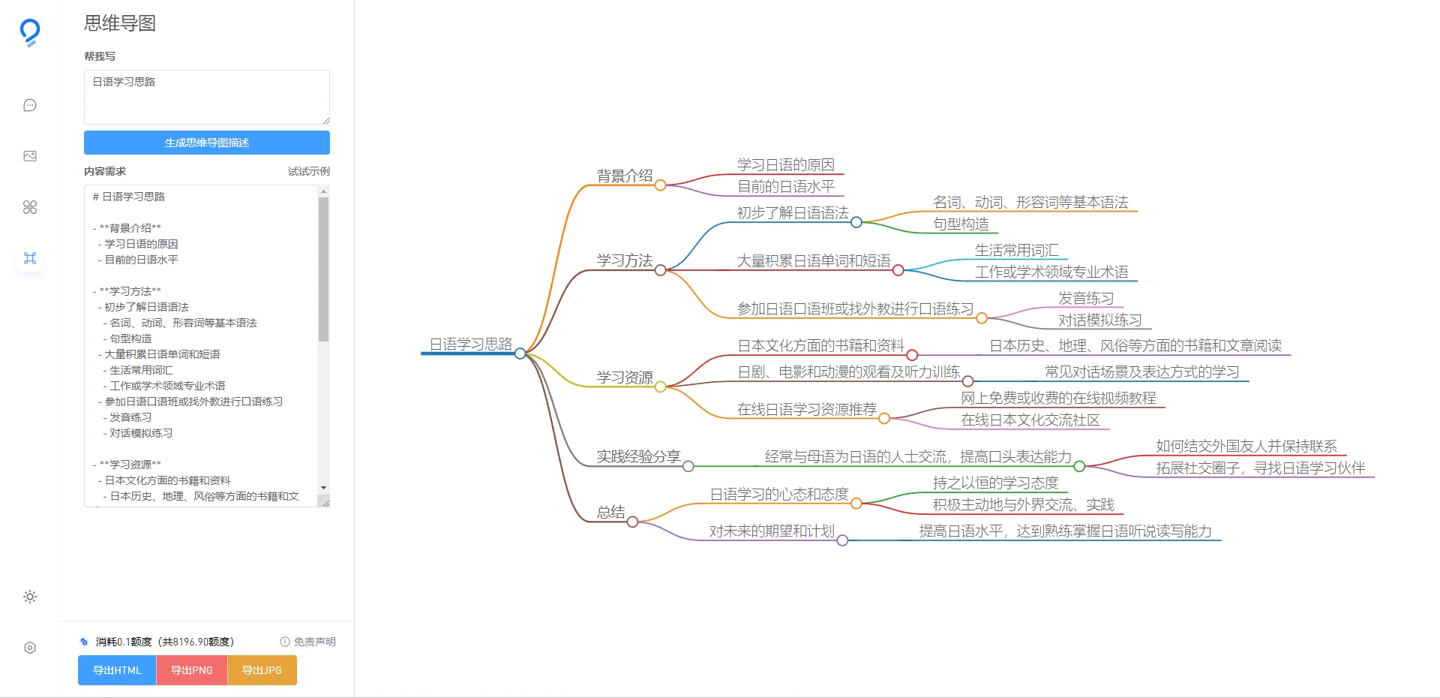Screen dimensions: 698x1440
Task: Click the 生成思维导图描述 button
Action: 206,143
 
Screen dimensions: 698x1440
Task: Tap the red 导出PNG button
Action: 192,670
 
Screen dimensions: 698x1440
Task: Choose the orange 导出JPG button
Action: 262,670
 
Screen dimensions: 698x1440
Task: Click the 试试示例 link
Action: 308,171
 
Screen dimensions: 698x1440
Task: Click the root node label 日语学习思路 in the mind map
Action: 470,344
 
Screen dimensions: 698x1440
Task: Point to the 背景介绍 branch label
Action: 624,176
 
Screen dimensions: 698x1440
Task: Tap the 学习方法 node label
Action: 624,260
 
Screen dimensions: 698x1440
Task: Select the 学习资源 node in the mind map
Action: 624,377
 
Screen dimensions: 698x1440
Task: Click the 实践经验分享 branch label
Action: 637,456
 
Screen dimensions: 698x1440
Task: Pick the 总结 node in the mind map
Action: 610,512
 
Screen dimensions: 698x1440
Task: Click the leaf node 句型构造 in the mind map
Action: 961,224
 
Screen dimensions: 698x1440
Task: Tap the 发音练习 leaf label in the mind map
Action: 1085,298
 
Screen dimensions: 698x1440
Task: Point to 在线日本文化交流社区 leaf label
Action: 1030,420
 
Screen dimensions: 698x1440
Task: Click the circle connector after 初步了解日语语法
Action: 856,222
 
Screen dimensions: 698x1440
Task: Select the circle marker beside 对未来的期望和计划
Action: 842,540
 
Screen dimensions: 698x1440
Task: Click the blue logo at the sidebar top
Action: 30,32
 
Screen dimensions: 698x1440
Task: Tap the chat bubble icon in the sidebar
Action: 30,105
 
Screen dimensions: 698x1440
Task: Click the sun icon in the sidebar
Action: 30,597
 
